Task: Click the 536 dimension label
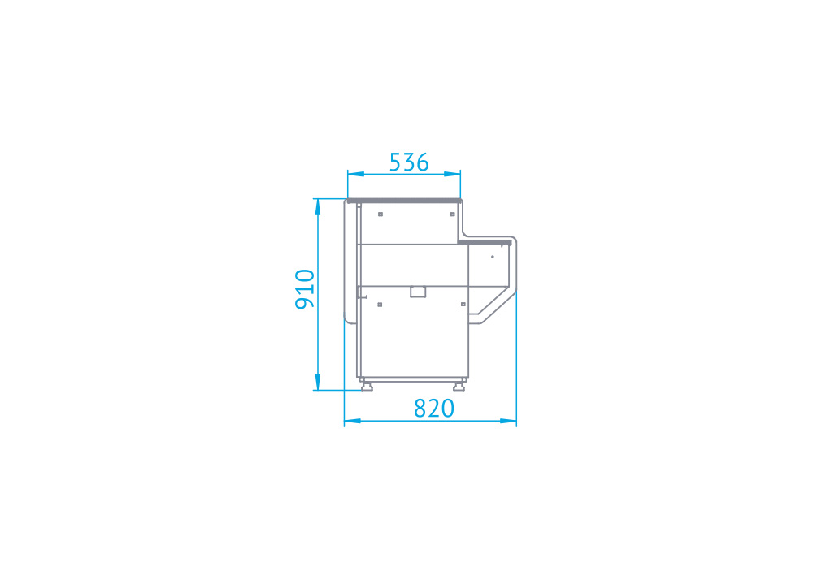(x=409, y=162)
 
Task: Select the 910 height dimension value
(x=305, y=289)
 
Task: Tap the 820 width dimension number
(x=434, y=409)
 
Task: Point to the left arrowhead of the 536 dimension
(x=356, y=174)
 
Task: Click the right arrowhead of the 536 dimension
(x=452, y=174)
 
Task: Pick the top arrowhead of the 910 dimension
(x=317, y=206)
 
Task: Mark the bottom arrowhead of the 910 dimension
(x=317, y=382)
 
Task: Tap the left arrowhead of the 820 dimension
(x=353, y=421)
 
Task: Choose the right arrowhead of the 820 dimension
(x=508, y=421)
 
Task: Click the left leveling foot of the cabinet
(x=367, y=386)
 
